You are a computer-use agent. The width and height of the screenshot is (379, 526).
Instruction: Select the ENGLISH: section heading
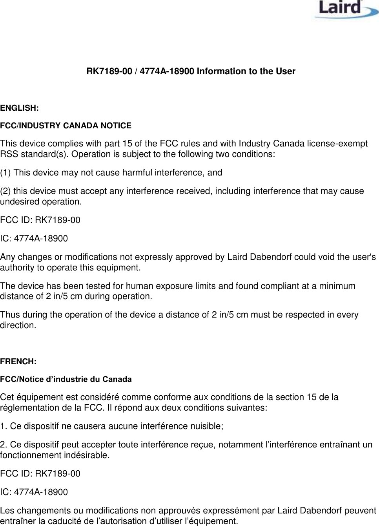pyautogui.click(x=19, y=108)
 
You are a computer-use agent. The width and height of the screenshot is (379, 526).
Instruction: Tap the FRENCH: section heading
pyautogui.click(x=18, y=362)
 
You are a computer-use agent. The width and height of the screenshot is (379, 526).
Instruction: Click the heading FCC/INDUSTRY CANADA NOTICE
pyautogui.click(x=66, y=126)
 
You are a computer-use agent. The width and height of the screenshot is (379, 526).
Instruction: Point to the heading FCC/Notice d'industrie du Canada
pyautogui.click(x=66, y=380)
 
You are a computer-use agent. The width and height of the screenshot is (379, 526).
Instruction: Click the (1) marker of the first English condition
pyautogui.click(x=5, y=173)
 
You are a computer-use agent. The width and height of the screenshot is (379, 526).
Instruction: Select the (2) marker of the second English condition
pyautogui.click(x=5, y=191)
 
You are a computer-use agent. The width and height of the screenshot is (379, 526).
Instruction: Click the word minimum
pyautogui.click(x=337, y=286)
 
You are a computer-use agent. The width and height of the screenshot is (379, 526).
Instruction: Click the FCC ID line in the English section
pyautogui.click(x=40, y=220)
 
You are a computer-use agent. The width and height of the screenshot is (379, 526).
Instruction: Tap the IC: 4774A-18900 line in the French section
pyautogui.click(x=34, y=492)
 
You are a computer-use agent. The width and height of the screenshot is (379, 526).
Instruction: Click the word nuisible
pyautogui.click(x=207, y=426)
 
